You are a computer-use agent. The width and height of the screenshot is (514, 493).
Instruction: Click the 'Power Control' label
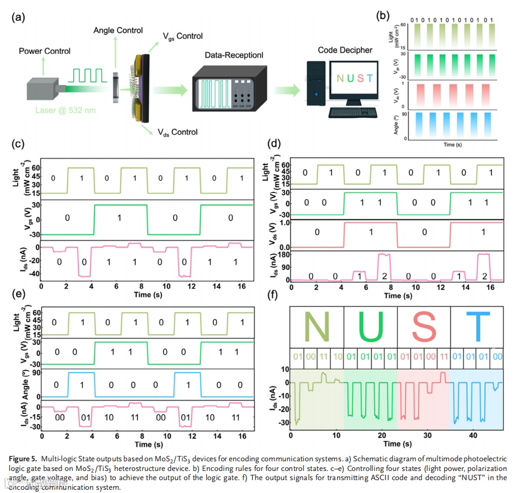click(45, 51)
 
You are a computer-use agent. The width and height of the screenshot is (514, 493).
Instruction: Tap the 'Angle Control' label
click(118, 30)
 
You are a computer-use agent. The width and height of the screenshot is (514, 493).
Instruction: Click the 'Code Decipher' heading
click(344, 50)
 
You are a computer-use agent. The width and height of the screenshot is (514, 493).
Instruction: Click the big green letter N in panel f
click(314, 327)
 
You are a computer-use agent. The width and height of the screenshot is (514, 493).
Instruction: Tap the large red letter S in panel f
click(423, 327)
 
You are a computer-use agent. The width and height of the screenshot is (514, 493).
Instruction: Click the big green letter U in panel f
click(369, 327)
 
